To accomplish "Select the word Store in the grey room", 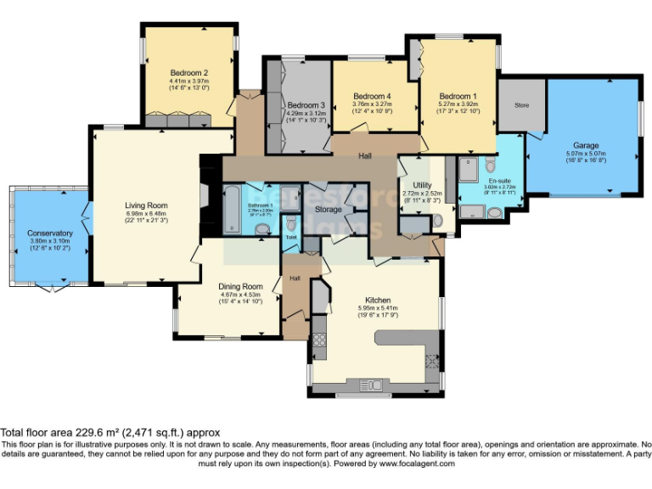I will (x=521, y=104).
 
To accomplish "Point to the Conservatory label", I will (x=49, y=233).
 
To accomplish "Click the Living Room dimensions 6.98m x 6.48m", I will (x=146, y=213).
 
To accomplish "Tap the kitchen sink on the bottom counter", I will (x=434, y=360).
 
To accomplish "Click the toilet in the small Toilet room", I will (x=291, y=223).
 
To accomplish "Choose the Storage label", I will (x=328, y=209).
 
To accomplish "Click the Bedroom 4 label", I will (x=372, y=96).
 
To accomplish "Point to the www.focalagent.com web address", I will (x=416, y=464).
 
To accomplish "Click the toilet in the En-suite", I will (x=491, y=165).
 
